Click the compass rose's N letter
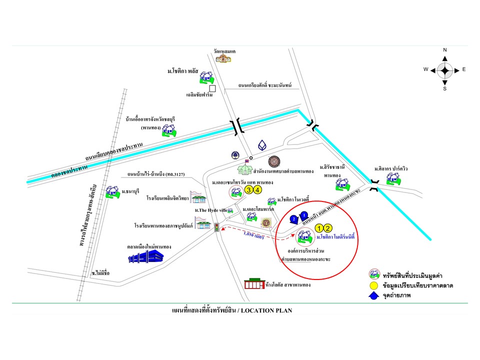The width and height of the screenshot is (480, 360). (x=445, y=50)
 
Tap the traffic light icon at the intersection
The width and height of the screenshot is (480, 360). (x=216, y=227)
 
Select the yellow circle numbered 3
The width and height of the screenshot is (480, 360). (x=248, y=189)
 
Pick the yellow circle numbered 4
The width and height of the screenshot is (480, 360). (x=257, y=189)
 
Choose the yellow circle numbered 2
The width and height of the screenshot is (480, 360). (x=328, y=228)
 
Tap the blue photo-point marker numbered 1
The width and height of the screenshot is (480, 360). (x=304, y=216)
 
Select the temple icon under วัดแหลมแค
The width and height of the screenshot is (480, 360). (x=224, y=58)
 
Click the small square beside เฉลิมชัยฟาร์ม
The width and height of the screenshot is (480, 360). (x=212, y=88)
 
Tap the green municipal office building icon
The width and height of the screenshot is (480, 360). (x=245, y=167)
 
